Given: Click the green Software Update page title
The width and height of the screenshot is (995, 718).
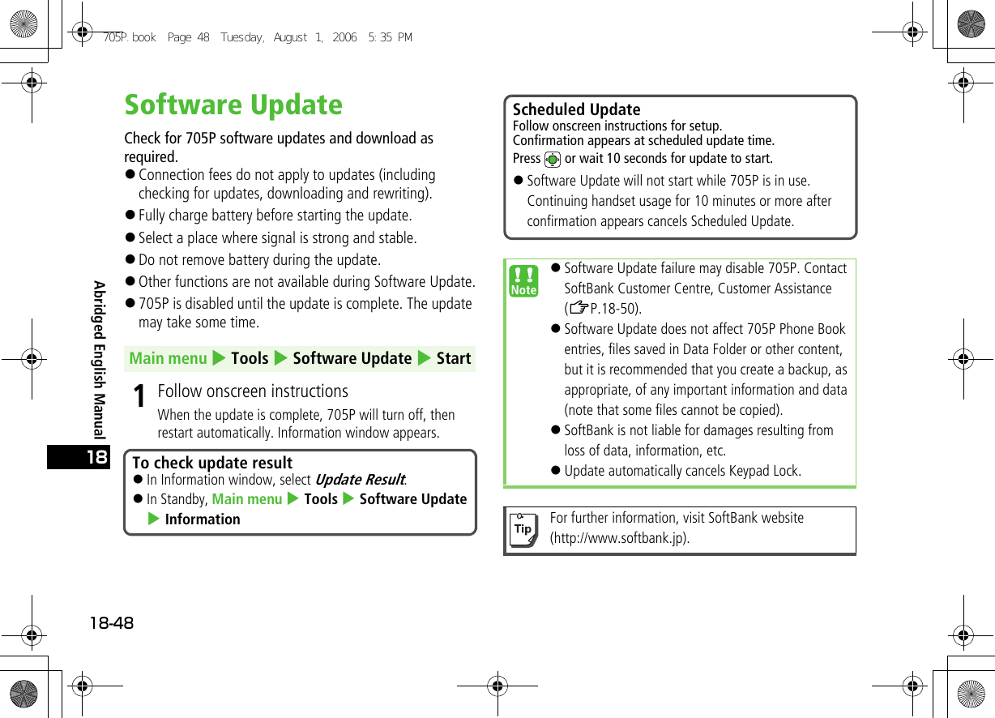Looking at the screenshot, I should (x=233, y=105).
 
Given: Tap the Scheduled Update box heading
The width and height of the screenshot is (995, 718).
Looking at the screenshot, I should (x=576, y=109).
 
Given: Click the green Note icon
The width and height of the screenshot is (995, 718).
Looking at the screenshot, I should (x=524, y=280).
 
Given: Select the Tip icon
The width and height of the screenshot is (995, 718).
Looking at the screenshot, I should (x=523, y=528).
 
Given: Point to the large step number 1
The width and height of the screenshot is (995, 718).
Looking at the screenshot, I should (x=140, y=396).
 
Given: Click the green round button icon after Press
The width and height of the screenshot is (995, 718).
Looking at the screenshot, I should (x=553, y=159).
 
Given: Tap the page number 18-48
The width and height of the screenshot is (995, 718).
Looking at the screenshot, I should (x=112, y=623).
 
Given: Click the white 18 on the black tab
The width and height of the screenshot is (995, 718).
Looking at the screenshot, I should (x=96, y=458).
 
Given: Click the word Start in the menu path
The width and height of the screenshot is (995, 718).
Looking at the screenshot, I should (x=454, y=358).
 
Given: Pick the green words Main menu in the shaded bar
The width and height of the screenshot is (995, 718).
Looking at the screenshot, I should (x=169, y=358).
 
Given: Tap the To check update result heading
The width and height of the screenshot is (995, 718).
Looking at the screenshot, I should (x=212, y=463).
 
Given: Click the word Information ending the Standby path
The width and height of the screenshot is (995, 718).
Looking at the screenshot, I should (x=203, y=519).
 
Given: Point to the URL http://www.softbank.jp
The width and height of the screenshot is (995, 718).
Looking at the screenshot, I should (x=620, y=538).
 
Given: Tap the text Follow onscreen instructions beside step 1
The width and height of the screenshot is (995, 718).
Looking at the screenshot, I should (x=253, y=391).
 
